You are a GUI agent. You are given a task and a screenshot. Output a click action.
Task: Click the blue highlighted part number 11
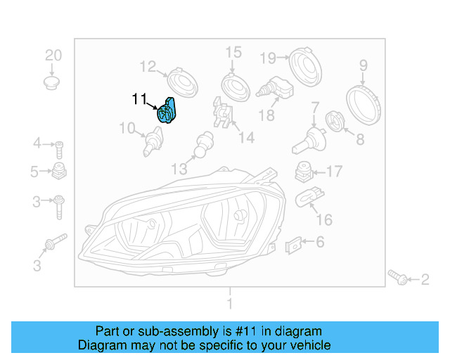tap(168, 110)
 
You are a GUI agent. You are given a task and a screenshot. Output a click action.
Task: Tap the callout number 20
tap(53, 56)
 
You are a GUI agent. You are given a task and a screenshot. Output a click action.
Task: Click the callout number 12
tap(147, 67)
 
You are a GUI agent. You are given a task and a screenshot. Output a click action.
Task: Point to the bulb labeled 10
tap(150, 142)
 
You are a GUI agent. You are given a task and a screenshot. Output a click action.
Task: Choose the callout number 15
tap(233, 52)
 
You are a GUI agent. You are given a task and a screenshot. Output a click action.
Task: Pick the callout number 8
tap(360, 139)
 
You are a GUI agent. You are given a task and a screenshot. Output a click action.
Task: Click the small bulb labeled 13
tap(204, 143)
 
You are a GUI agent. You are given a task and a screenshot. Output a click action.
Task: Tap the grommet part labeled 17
tap(303, 172)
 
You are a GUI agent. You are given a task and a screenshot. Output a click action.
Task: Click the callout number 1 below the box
tap(229, 304)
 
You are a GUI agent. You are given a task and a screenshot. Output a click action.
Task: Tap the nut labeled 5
tap(59, 171)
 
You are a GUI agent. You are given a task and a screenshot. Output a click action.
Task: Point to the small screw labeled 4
tap(60, 148)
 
